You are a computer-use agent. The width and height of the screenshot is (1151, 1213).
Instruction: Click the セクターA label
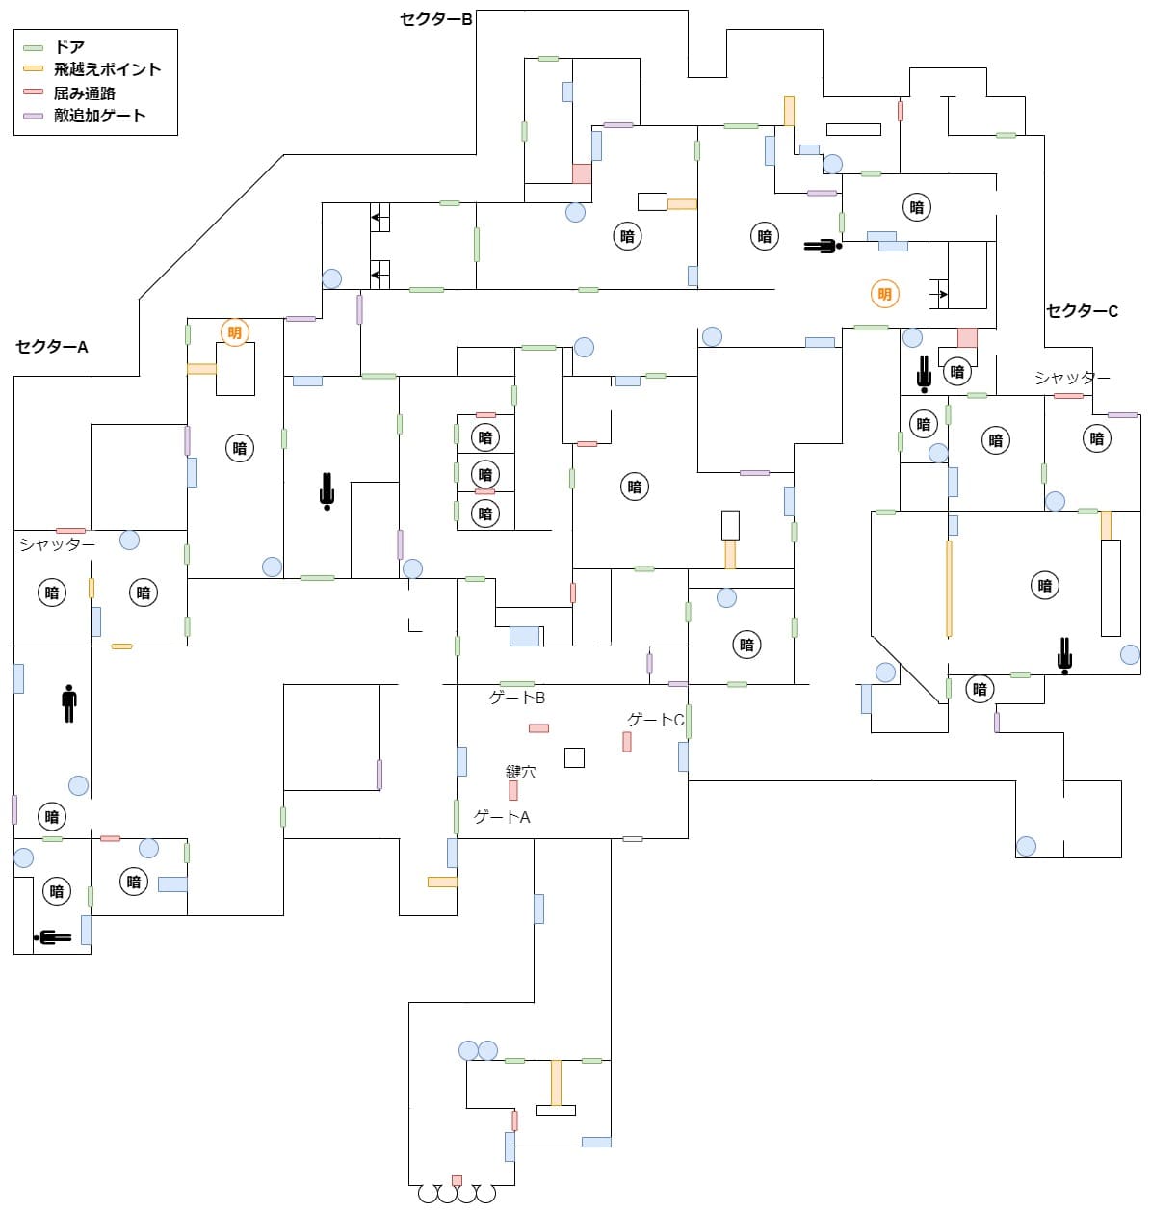[52, 347]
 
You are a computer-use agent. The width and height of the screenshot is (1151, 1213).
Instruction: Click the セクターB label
[436, 18]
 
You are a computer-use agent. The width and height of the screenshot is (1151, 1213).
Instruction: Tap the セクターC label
[1082, 311]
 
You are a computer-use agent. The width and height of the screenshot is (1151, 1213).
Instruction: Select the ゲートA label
[502, 817]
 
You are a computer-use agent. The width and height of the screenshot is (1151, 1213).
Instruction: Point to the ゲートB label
[517, 698]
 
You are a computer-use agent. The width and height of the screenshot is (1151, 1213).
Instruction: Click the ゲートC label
[655, 720]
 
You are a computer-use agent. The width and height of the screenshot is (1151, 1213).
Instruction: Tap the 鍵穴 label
[521, 772]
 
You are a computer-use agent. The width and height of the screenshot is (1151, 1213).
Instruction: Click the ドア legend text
[69, 47]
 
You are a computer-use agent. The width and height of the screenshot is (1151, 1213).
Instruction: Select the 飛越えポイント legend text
[107, 69]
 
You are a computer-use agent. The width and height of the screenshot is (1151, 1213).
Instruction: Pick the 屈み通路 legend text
[85, 92]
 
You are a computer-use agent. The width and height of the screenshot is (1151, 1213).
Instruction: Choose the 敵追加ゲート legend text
[99, 116]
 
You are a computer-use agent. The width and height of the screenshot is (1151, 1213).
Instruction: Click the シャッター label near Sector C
[1072, 378]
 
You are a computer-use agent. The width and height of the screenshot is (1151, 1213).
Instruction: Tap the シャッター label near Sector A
[57, 544]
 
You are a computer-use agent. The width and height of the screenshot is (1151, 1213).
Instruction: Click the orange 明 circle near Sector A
[234, 332]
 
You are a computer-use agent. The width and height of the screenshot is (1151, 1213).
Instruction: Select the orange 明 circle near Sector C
[884, 294]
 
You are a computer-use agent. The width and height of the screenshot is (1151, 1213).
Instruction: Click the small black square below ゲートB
[574, 757]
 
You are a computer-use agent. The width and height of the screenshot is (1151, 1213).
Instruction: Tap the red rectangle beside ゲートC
[627, 742]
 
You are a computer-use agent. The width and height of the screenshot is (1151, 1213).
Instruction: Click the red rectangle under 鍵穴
[513, 790]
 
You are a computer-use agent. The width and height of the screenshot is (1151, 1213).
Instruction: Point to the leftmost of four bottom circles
[428, 1195]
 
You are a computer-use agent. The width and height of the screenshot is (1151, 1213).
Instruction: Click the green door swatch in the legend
[34, 47]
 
